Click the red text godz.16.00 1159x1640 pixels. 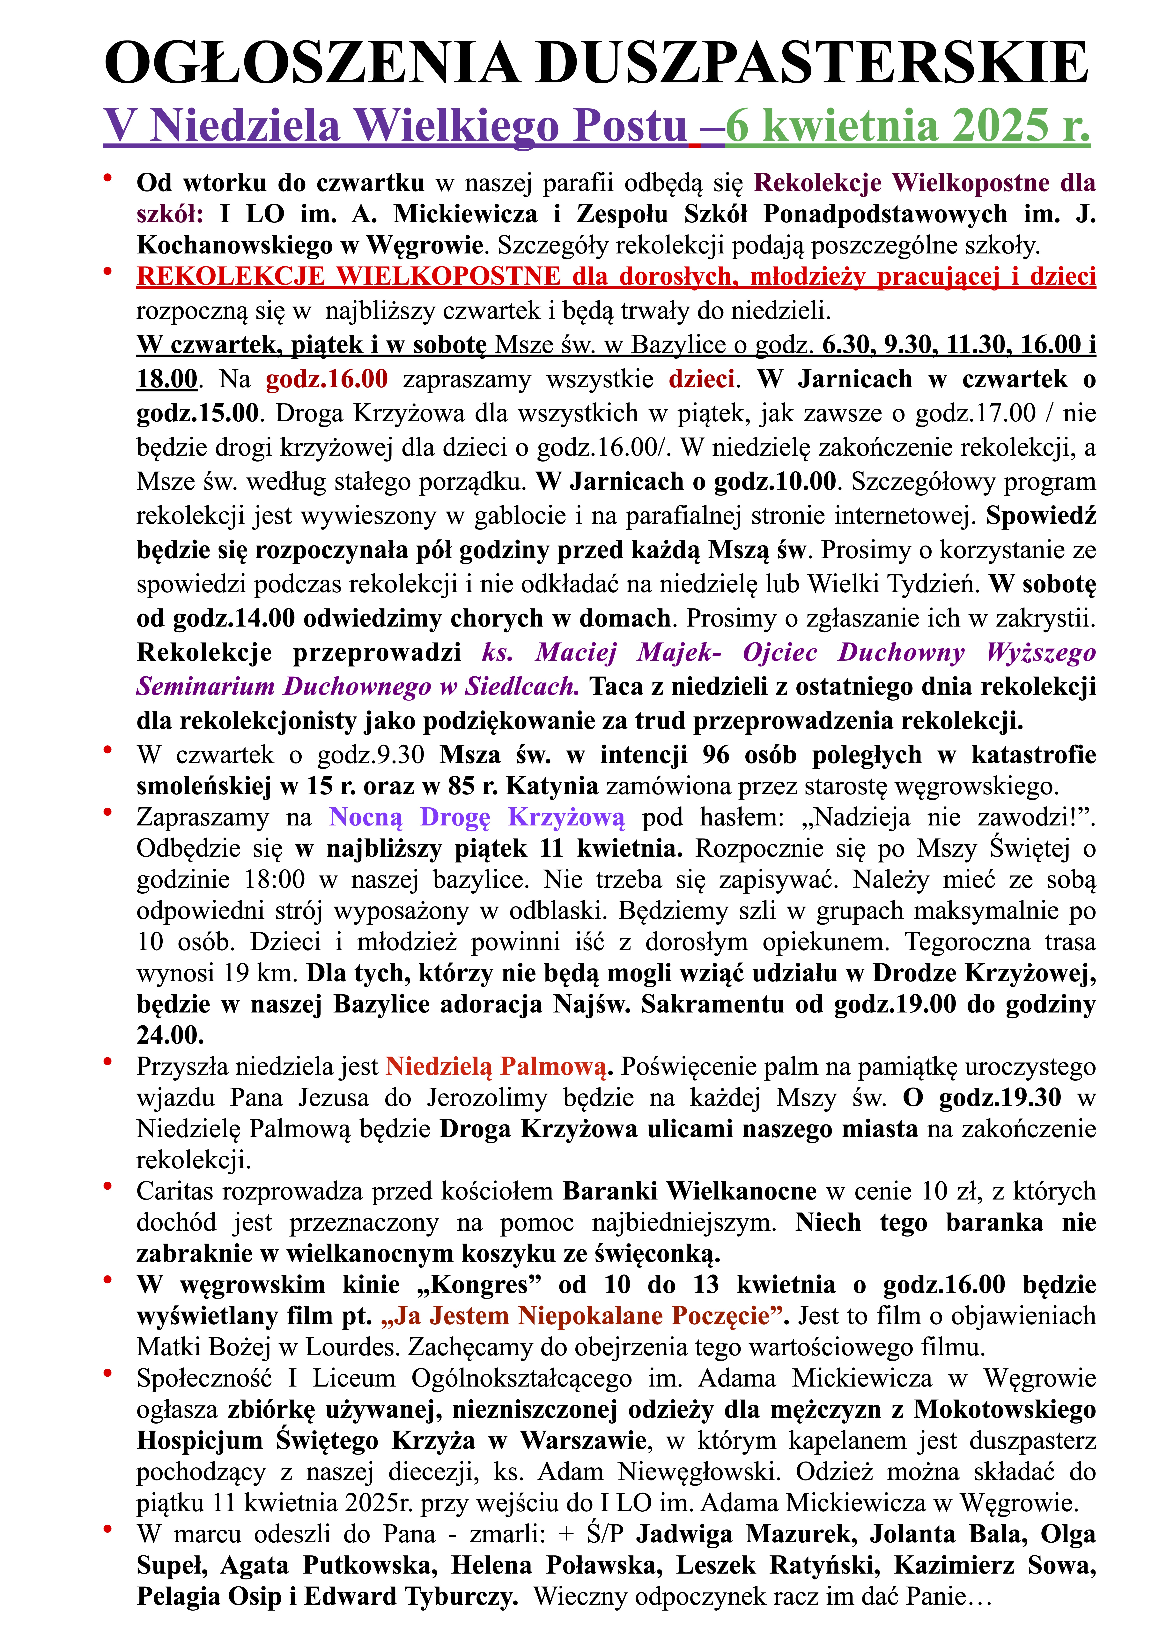point(326,379)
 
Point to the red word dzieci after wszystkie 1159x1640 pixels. point(701,379)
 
